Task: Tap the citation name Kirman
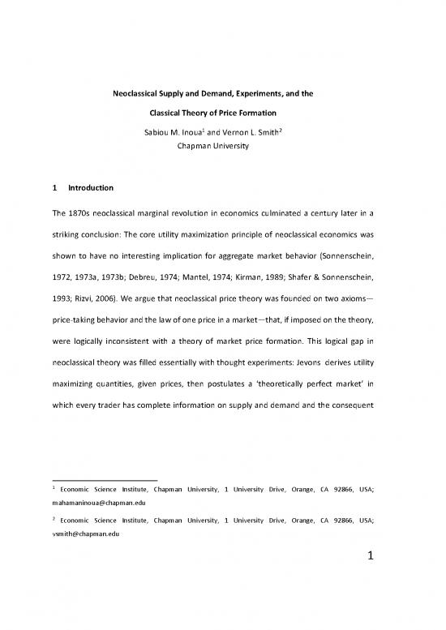click(x=284, y=264)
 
